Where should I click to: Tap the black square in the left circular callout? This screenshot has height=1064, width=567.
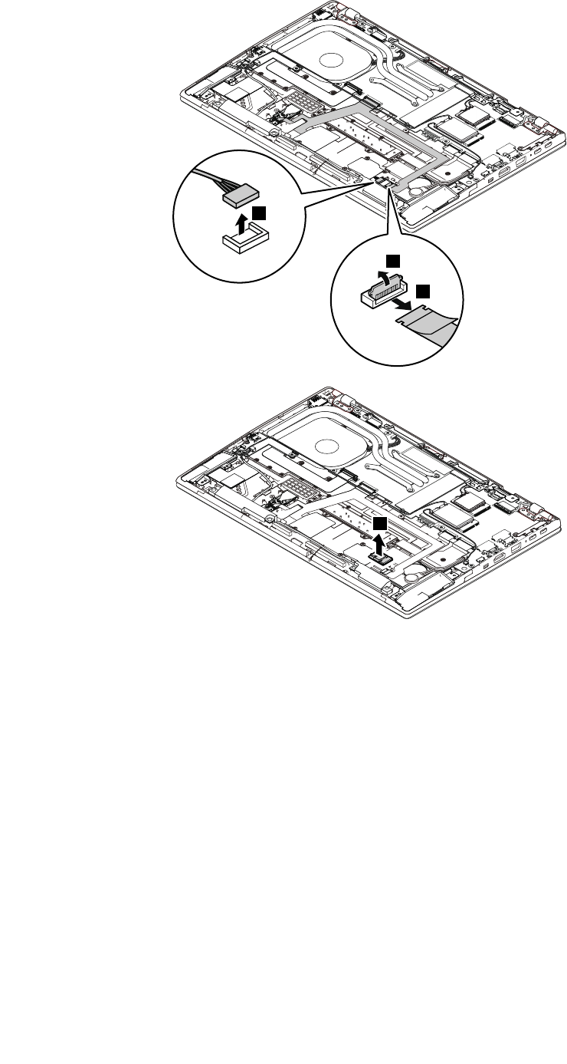pyautogui.click(x=261, y=212)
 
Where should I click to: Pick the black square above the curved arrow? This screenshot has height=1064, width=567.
pyautogui.click(x=392, y=262)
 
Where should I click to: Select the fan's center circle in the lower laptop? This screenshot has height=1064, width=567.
pyautogui.click(x=326, y=444)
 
